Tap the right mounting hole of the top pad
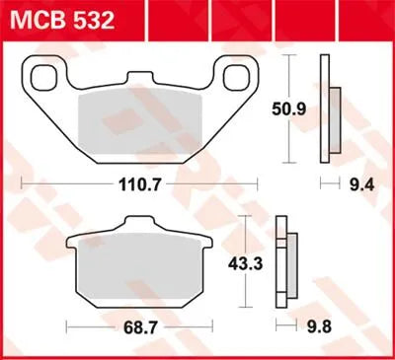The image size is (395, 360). [x=236, y=75]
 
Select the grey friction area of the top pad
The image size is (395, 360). [x=139, y=123]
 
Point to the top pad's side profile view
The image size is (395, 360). [x=328, y=108]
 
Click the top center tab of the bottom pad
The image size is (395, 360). [x=139, y=225]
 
